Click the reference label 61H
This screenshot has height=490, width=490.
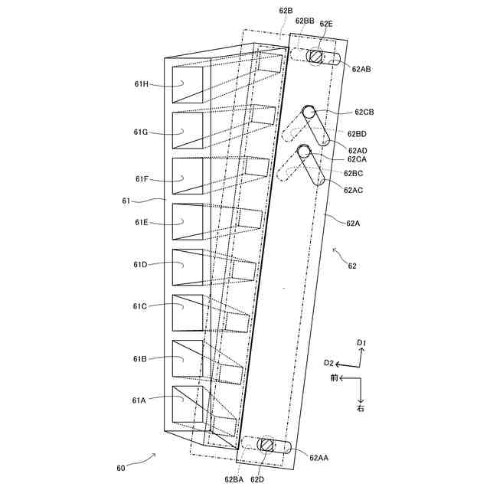pos(141,84)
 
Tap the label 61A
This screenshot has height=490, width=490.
pos(139,400)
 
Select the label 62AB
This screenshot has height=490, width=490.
pos(361,69)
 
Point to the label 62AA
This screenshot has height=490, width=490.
pos(319,457)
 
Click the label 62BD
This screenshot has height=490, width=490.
pos(356,134)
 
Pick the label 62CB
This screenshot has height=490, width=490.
pos(364,113)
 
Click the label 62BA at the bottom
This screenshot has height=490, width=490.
pos(234,479)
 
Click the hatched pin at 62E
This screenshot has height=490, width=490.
pos(315,57)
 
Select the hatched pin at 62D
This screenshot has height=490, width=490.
pos(266,445)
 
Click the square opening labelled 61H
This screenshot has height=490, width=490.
pos(188,84)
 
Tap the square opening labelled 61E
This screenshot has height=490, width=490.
pos(188,221)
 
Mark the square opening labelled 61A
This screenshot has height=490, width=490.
pos(188,403)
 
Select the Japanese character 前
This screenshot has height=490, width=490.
pos(335,378)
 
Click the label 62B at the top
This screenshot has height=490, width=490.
pos(286,11)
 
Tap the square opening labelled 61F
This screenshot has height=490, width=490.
pos(188,175)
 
